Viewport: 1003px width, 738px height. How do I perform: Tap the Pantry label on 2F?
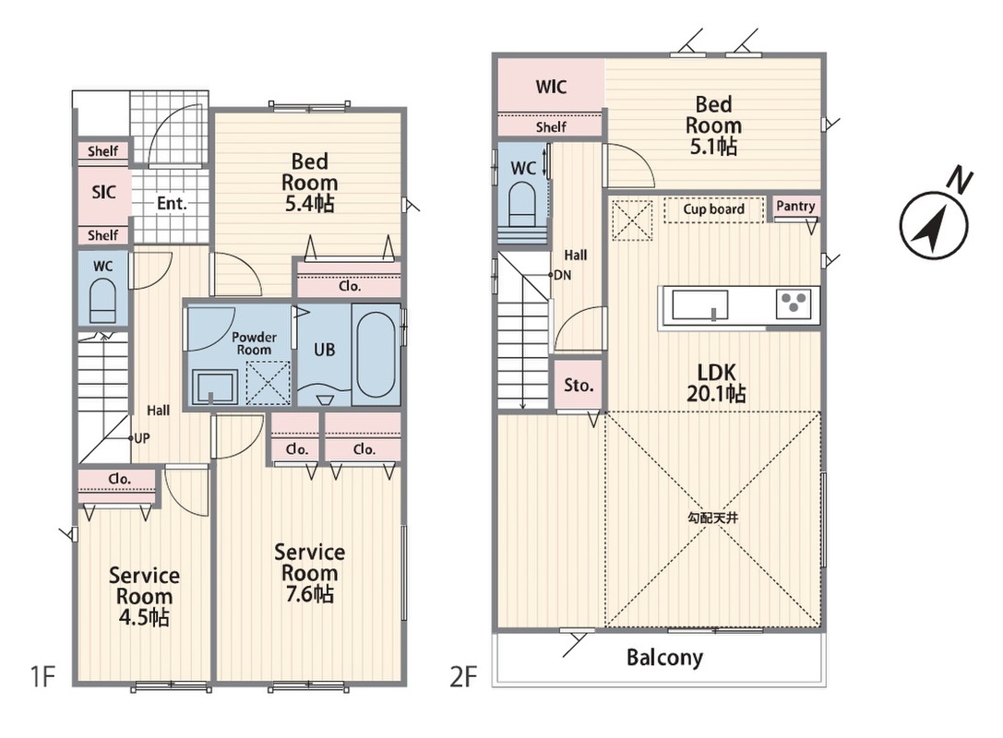(795, 206)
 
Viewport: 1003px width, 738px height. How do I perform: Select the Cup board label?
(713, 209)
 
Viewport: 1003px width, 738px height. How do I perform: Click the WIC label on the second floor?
(551, 87)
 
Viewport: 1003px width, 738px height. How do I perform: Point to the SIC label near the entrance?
(103, 191)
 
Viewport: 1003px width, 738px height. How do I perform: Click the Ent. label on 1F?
(172, 203)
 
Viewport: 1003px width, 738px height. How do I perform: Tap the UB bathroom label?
(324, 350)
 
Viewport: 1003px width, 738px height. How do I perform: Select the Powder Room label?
(254, 343)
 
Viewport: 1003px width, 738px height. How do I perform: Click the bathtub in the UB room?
(376, 355)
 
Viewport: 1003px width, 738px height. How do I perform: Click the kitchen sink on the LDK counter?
(699, 304)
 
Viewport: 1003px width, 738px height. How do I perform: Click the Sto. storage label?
(579, 385)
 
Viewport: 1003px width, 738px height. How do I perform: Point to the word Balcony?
(664, 658)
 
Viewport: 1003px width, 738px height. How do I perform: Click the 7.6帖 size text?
(310, 594)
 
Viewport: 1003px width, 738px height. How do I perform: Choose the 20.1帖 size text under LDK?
(716, 393)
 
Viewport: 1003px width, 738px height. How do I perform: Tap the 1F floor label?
(43, 676)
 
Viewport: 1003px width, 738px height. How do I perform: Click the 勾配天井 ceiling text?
(712, 518)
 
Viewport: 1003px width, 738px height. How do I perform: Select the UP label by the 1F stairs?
(141, 438)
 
